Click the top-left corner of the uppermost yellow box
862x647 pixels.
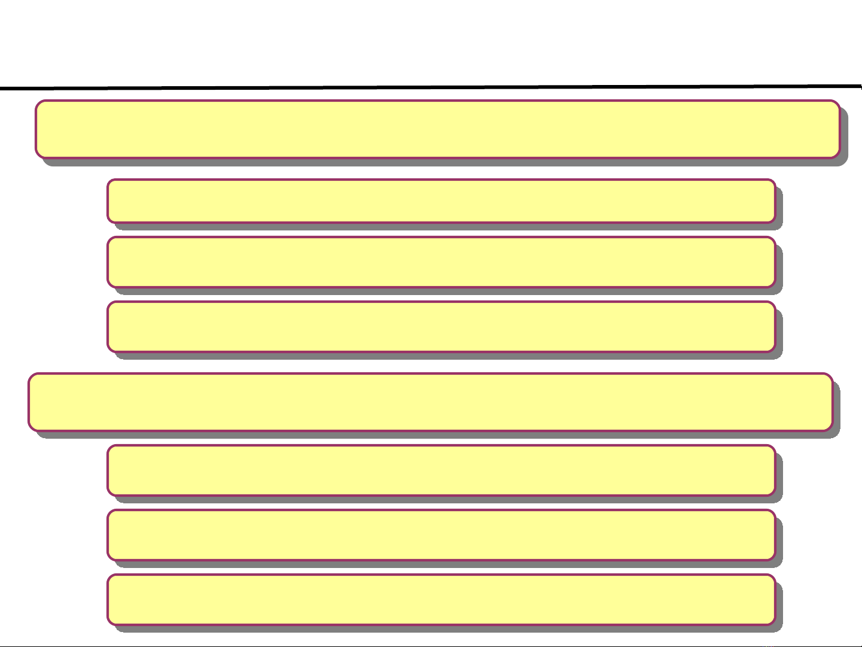point(37,102)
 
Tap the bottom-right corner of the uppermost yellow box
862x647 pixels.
point(839,157)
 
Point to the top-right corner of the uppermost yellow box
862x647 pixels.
point(839,102)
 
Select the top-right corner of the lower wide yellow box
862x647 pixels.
point(831,375)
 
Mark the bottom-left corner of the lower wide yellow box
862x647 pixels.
point(30,430)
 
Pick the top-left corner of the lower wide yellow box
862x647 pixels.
point(30,375)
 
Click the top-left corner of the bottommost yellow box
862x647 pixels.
point(109,576)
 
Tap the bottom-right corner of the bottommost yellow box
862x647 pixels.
point(774,624)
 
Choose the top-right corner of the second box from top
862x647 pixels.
point(774,181)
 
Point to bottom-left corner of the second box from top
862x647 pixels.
point(109,221)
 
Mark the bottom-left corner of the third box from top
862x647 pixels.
point(109,286)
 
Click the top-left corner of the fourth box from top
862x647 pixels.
point(109,303)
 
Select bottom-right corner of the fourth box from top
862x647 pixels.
point(774,351)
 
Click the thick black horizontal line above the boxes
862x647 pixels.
point(431,87)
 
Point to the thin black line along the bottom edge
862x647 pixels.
point(431,646)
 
